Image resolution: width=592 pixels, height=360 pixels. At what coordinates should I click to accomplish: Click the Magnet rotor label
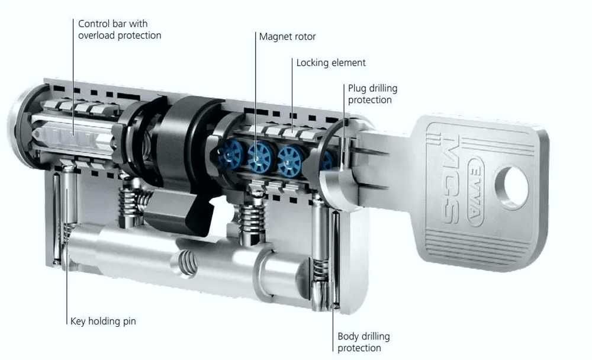click(287, 37)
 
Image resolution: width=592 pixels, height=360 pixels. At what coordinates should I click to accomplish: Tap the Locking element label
click(331, 63)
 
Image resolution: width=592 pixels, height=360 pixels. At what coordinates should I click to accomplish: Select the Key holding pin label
click(103, 321)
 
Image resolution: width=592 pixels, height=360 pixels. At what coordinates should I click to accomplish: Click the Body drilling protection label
click(363, 342)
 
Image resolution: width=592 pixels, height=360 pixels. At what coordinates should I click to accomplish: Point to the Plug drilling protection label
click(372, 94)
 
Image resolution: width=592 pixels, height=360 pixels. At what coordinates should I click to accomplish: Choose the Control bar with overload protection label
click(120, 30)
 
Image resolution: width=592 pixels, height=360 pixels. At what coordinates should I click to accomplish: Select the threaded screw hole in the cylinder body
click(186, 263)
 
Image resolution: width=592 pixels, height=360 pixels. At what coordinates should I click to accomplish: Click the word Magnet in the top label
click(272, 37)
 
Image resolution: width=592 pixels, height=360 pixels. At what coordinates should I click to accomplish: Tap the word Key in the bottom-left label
click(78, 321)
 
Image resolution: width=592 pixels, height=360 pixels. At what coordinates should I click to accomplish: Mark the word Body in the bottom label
click(348, 336)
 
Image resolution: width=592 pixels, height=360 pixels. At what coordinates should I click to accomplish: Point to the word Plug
click(357, 89)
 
